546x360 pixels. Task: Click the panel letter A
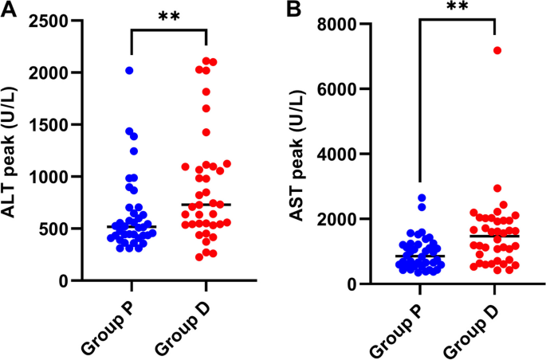click(x=9, y=11)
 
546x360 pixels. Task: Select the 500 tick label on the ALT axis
click(x=56, y=229)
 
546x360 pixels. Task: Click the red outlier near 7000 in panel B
click(x=497, y=50)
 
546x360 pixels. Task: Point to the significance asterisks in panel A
click(x=168, y=17)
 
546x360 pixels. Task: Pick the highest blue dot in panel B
click(x=422, y=198)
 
